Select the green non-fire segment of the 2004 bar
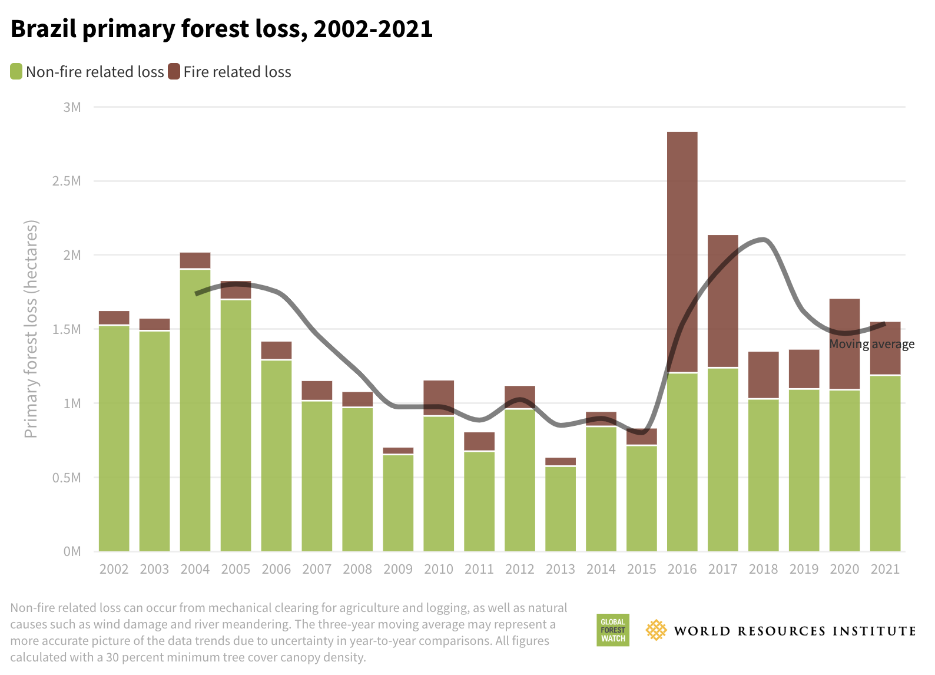pos(195,412)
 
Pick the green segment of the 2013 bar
pos(560,509)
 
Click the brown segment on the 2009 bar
pos(398,451)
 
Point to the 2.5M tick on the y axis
pos(67,181)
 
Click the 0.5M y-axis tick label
pos(67,478)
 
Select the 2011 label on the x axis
pos(479,569)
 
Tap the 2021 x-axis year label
pos(885,569)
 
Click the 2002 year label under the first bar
pos(114,569)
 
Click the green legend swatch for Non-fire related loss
pos(16,72)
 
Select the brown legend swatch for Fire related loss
pos(174,72)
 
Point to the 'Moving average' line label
pos(871,344)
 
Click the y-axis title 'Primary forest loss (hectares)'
pos(31,329)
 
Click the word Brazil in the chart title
pos(43,29)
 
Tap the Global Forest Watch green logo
pos(612,630)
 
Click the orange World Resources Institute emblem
pos(656,630)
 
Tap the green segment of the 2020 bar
pos(844,471)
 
